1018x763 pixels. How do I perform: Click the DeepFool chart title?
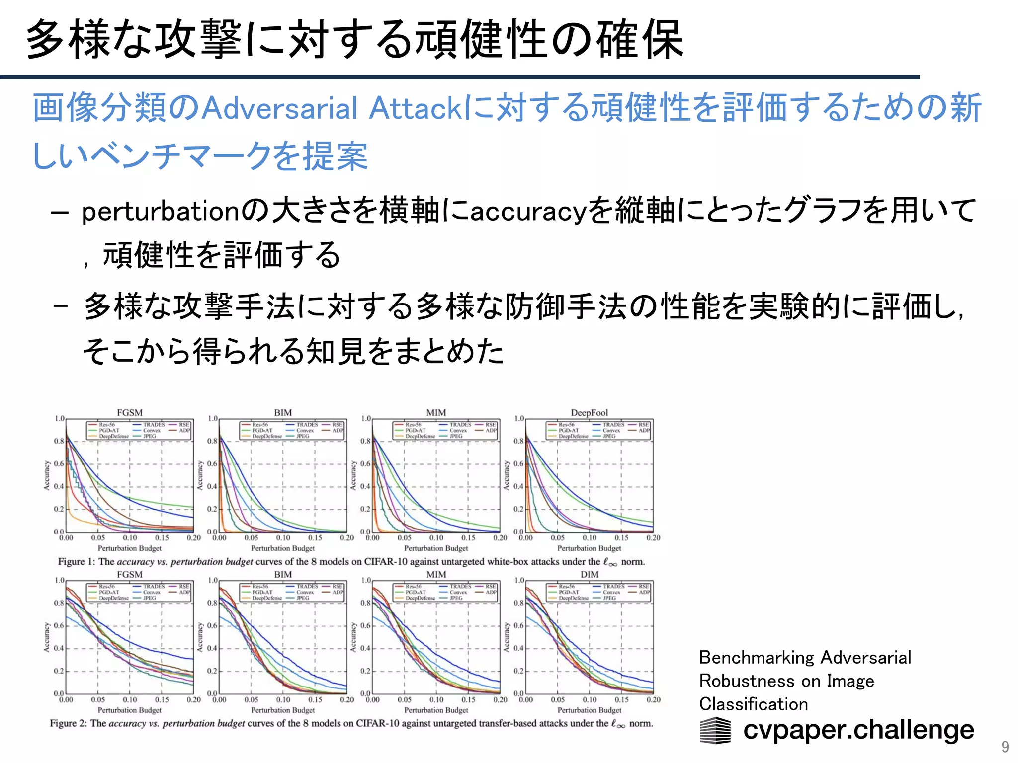click(x=589, y=413)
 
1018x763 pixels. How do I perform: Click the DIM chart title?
click(x=589, y=575)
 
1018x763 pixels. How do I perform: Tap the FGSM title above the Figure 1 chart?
click(x=130, y=413)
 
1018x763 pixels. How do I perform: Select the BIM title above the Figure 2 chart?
click(x=283, y=575)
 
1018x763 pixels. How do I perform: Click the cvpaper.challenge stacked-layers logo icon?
click(x=715, y=730)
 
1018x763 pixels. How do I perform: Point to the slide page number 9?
click(x=1005, y=747)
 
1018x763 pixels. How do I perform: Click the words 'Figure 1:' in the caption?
click(x=77, y=562)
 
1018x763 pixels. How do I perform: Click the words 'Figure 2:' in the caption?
click(x=69, y=723)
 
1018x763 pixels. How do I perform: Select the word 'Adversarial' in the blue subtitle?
click(x=280, y=108)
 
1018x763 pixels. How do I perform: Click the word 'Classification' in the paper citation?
click(x=754, y=704)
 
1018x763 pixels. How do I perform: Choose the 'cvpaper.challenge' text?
click(x=858, y=730)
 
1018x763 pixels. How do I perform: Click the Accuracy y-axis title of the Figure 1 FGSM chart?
click(x=47, y=475)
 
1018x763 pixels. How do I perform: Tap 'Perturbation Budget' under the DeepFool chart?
click(x=589, y=548)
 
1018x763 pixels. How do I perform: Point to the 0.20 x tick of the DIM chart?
click(x=653, y=700)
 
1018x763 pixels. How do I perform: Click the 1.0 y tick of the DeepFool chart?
click(x=519, y=419)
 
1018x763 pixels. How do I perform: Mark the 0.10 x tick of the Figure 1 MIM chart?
click(x=436, y=538)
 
